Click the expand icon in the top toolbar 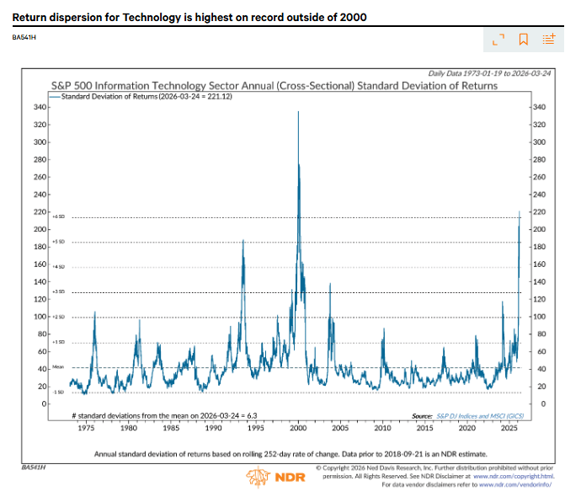click(498, 39)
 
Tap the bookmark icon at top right click(523, 39)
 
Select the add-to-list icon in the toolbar click(549, 39)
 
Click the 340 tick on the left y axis click(39, 107)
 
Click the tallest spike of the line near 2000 click(298, 112)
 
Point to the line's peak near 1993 click(243, 241)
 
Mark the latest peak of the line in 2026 click(520, 211)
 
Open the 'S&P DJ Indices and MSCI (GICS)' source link click(478, 416)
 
